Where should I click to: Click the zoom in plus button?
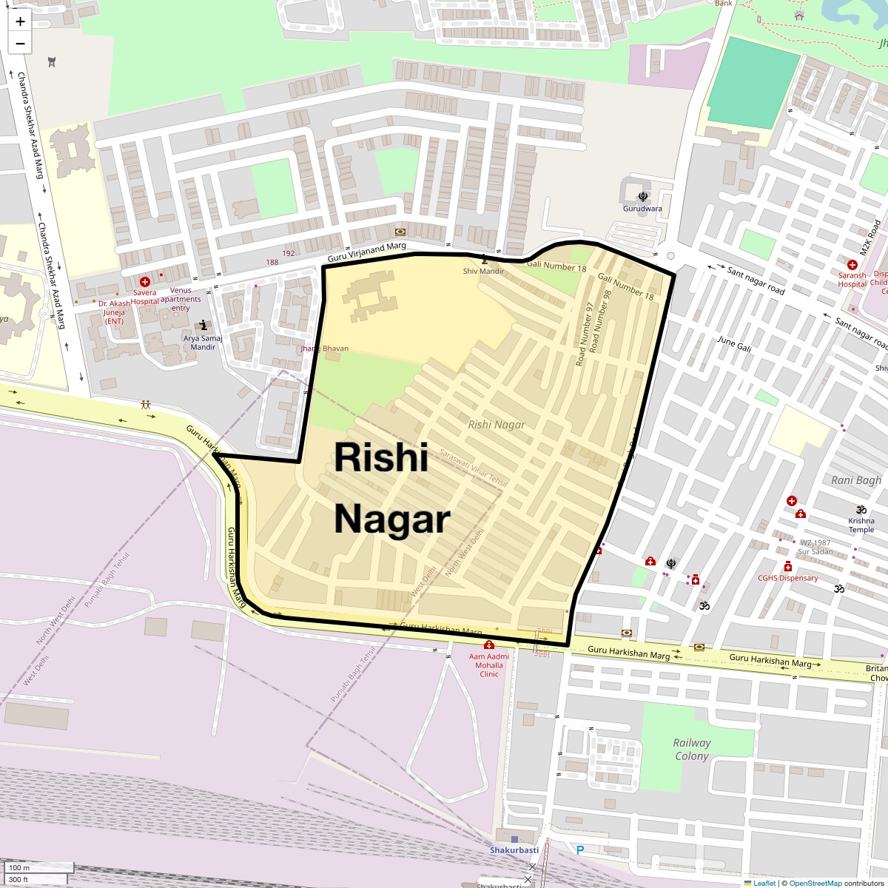pyautogui.click(x=20, y=21)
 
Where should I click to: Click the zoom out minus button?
pyautogui.click(x=20, y=44)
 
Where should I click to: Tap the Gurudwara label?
pyautogui.click(x=642, y=209)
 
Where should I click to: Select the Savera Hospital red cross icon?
pyautogui.click(x=145, y=282)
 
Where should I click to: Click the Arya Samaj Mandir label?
pyautogui.click(x=203, y=343)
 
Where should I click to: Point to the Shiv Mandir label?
pyautogui.click(x=483, y=271)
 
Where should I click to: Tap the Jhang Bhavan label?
pyautogui.click(x=324, y=349)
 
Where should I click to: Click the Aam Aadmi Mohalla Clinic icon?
pyautogui.click(x=489, y=645)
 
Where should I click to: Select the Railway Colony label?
pyautogui.click(x=691, y=749)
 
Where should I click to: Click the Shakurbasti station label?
pyautogui.click(x=514, y=850)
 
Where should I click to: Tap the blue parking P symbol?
pyautogui.click(x=580, y=850)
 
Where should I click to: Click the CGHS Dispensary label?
pyautogui.click(x=788, y=578)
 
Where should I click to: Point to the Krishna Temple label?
pyautogui.click(x=861, y=525)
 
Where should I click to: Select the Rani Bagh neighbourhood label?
pyautogui.click(x=856, y=480)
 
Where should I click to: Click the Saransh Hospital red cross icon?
pyautogui.click(x=852, y=265)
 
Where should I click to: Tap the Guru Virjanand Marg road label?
pyautogui.click(x=367, y=251)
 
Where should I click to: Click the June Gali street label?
pyautogui.click(x=734, y=343)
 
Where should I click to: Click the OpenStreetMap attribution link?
pyautogui.click(x=815, y=883)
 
